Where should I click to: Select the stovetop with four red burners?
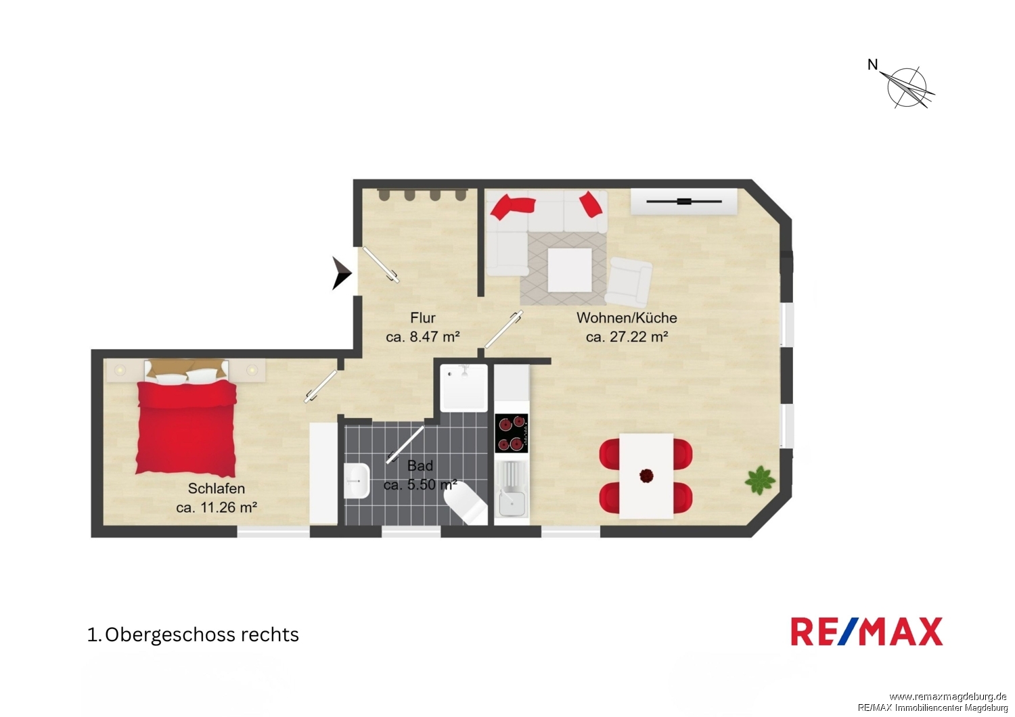point(511,433)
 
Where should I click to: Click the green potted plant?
point(760,480)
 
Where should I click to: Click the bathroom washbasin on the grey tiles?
point(357,480)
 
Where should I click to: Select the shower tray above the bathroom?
point(464,388)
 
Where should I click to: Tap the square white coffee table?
point(570,270)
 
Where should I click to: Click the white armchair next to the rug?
point(629,282)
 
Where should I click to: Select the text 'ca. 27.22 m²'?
point(627,337)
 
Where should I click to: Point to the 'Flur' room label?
point(423,317)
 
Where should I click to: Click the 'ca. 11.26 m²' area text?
point(217,507)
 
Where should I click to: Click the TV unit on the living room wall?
point(684,202)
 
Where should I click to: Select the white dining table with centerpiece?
point(646,476)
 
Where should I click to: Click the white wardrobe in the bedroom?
point(323,473)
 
